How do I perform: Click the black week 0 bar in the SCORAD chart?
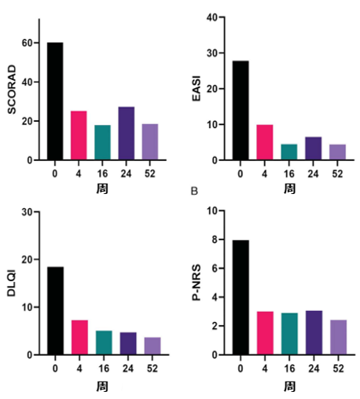55,101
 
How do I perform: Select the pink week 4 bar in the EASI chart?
265,142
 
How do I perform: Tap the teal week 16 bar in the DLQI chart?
104,342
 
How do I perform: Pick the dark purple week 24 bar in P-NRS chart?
314,333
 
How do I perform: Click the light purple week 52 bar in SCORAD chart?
150,142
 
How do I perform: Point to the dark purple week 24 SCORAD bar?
127,134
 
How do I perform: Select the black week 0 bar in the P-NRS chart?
241,298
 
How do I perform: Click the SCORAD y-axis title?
12,90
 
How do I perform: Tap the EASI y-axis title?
197,88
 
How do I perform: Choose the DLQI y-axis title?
12,283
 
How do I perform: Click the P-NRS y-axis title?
197,283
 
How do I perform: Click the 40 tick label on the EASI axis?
212,17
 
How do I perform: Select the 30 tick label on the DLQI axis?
27,212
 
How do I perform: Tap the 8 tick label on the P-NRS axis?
215,240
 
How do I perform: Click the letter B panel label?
194,191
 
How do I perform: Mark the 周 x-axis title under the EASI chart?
289,189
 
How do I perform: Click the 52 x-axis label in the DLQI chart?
152,368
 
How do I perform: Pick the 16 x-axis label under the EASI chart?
289,174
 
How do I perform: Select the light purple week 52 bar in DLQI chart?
152,346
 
